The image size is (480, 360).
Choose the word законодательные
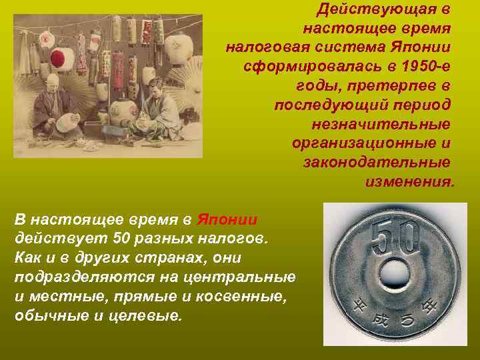pos(376,163)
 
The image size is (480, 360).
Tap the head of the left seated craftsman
pos(53,82)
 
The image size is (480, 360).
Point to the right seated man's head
pos(155,86)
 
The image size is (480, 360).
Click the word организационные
pos(370,143)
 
